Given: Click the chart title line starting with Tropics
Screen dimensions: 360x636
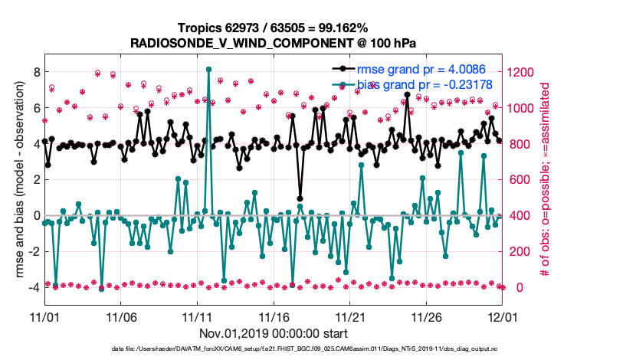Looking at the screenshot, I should (x=273, y=28).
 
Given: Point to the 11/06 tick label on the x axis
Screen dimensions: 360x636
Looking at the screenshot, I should (x=120, y=316).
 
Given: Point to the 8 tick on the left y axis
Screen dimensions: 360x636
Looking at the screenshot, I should (x=35, y=72).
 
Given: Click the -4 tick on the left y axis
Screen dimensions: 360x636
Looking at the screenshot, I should (x=32, y=287).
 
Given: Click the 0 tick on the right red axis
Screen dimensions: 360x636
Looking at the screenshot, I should (x=510, y=287).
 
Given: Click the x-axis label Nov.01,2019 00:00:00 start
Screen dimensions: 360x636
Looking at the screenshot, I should (x=273, y=333).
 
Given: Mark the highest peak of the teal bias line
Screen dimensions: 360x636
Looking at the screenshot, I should (x=208, y=69).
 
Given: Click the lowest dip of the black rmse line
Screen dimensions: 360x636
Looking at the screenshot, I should (x=300, y=198).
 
